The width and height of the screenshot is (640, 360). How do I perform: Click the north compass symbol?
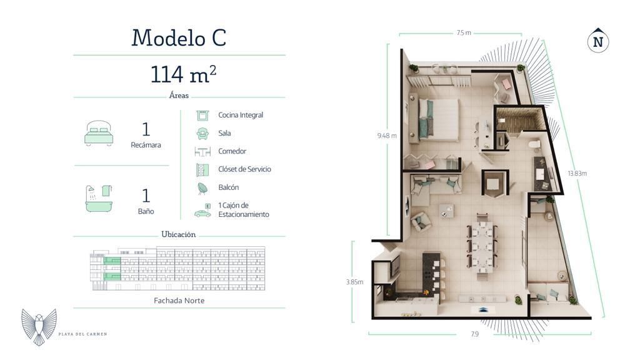click(x=598, y=41)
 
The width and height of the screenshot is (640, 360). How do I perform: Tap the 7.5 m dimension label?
click(x=464, y=32)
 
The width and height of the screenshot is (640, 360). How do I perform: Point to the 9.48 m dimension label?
click(x=387, y=136)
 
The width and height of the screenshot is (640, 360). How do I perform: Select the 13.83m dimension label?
click(x=577, y=173)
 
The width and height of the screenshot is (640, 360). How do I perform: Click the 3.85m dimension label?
click(x=354, y=282)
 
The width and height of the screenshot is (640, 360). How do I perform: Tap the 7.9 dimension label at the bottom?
click(x=474, y=334)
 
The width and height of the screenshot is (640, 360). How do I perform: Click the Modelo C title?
click(x=179, y=37)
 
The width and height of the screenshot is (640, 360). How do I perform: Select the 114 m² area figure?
click(x=183, y=74)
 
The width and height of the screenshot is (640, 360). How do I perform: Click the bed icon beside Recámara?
click(x=99, y=132)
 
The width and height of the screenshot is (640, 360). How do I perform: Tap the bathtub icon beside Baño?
click(x=99, y=199)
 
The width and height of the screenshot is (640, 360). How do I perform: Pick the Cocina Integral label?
click(x=241, y=115)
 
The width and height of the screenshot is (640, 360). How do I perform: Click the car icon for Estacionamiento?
click(x=202, y=211)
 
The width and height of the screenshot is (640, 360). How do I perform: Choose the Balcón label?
click(x=229, y=187)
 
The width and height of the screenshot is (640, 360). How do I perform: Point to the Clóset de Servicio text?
click(x=244, y=169)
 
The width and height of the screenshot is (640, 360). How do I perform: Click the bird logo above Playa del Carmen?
click(x=39, y=326)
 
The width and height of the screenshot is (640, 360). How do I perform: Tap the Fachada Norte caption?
click(x=179, y=301)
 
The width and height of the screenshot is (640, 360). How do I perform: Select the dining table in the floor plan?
click(x=482, y=246)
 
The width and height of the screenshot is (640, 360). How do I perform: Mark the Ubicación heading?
click(x=178, y=234)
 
